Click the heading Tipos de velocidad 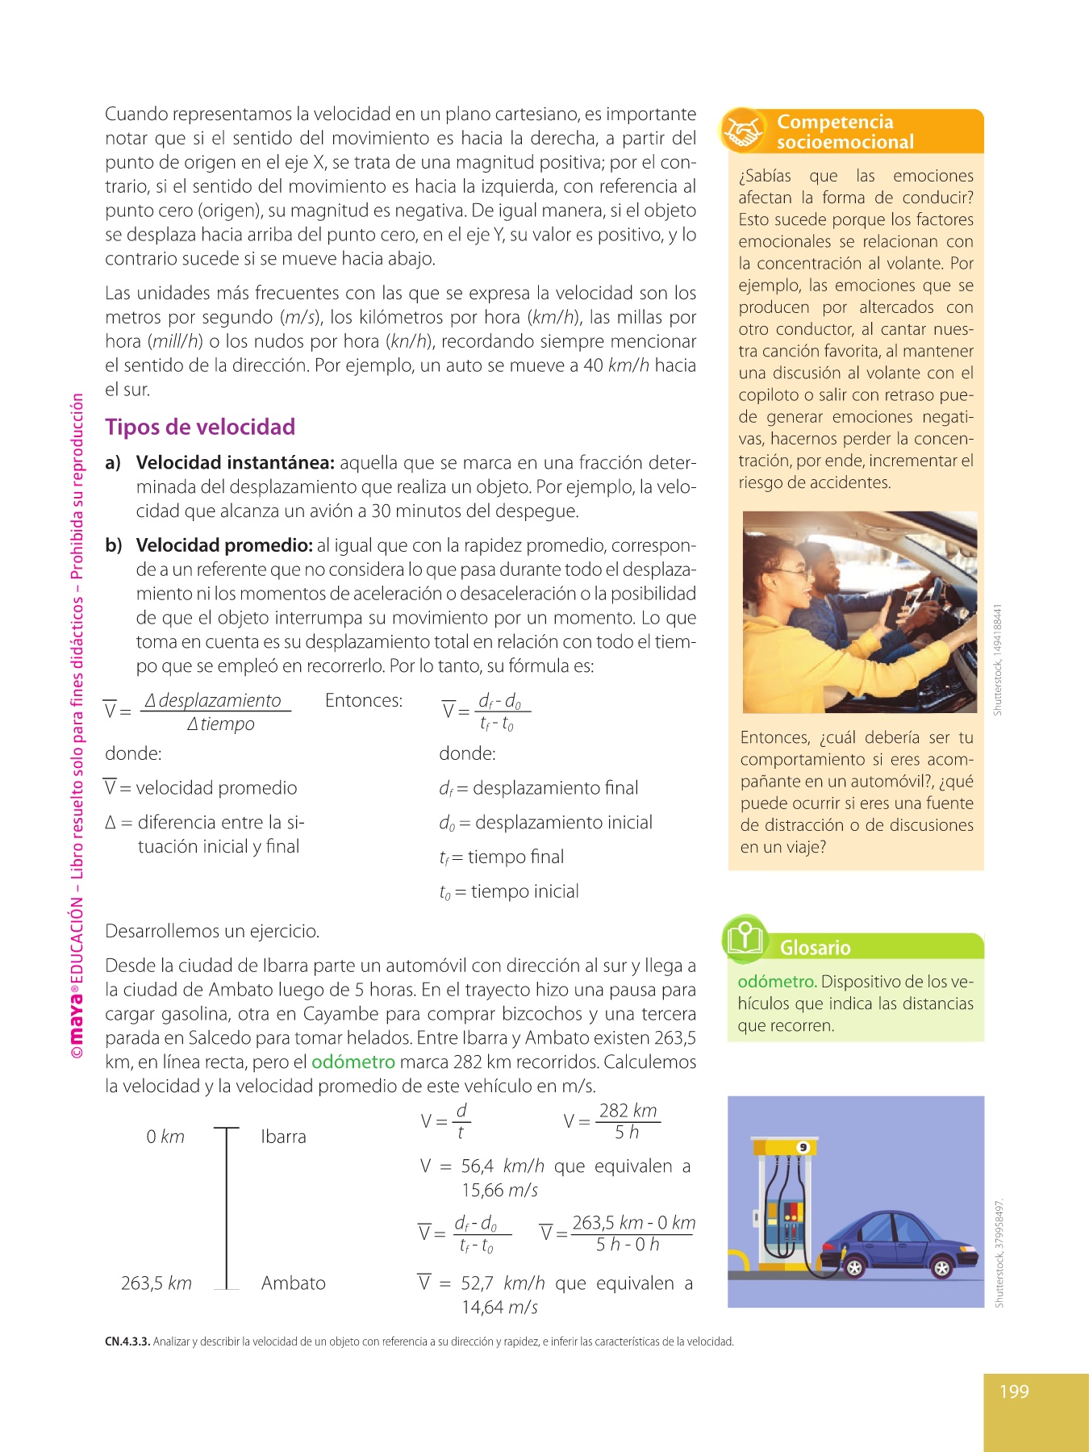200,427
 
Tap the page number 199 1014,1391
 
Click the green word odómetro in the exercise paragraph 353,1062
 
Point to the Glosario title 815,948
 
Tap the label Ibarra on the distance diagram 283,1137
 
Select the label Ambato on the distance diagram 294,1283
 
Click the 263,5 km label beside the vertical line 156,1283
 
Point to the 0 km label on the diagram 165,1137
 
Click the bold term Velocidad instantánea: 235,463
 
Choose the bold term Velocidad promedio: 224,545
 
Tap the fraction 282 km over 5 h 628,1121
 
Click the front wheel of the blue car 941,1267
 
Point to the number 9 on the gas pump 803,1147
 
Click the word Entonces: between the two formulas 364,700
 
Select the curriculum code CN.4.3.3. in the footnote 127,1342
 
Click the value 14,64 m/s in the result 499,1308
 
